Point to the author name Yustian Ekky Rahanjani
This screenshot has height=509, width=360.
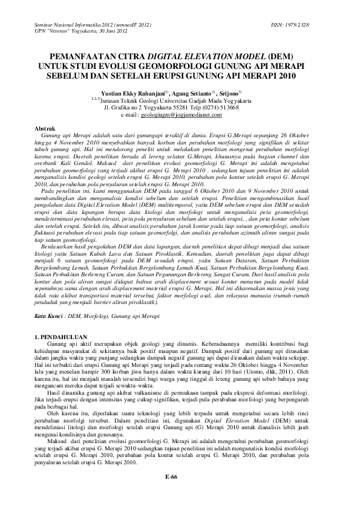(x=148, y=94)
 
